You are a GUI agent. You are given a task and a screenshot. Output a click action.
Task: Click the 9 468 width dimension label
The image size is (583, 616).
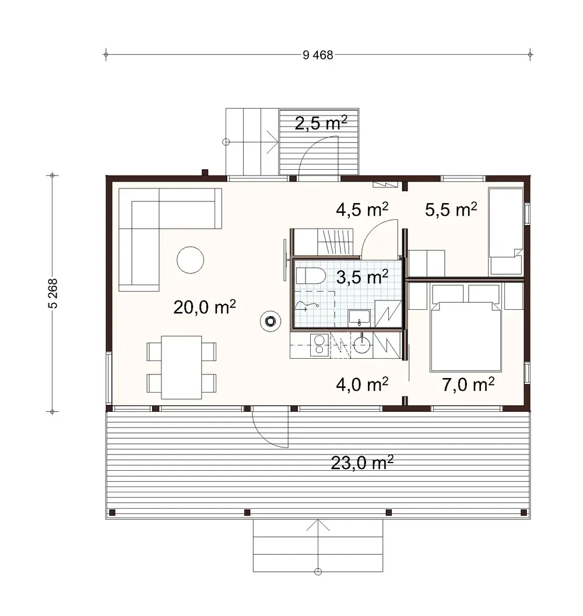coord(318,55)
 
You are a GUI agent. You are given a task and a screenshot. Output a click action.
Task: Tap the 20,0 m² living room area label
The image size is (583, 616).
coord(203,307)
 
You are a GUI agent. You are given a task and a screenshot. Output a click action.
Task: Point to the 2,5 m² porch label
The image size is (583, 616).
coord(321,123)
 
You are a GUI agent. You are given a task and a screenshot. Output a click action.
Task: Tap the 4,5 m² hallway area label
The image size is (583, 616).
coord(362,209)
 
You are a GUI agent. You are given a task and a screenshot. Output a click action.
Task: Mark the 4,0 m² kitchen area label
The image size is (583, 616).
coord(362,384)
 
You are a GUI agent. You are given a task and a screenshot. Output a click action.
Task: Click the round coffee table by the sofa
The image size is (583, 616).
coord(191,260)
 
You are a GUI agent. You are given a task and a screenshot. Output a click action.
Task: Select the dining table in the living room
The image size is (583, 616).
coord(181,367)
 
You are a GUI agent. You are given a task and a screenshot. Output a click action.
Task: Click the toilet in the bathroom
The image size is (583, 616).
coord(310,275)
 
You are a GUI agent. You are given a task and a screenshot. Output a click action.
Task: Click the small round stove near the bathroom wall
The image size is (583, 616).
coord(270,320)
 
